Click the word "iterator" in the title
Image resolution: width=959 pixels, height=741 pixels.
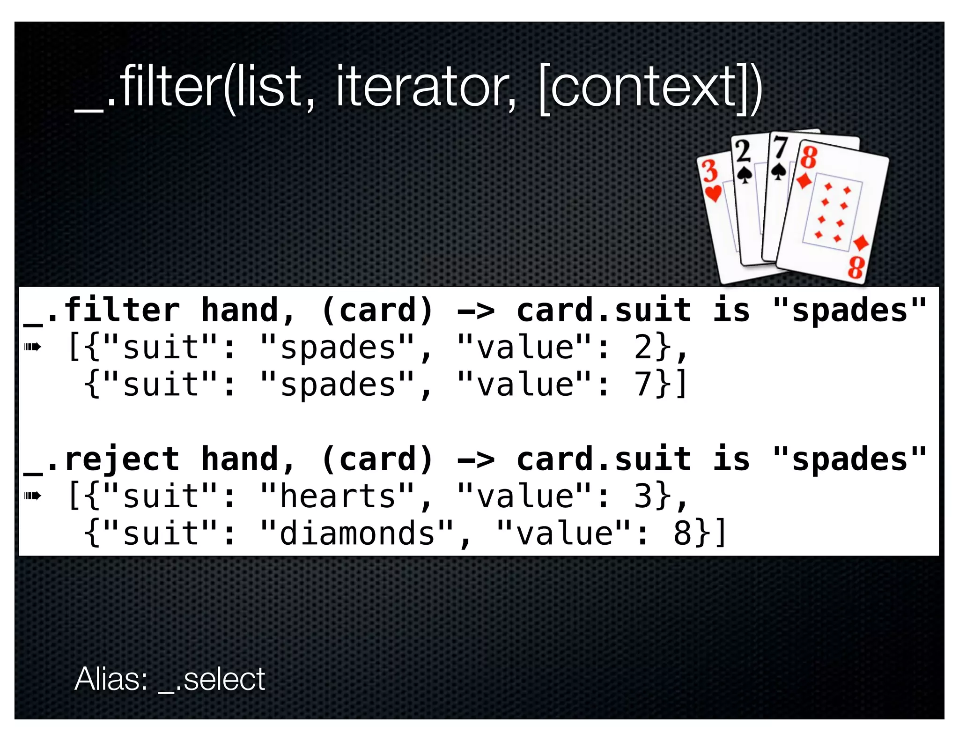coord(425,87)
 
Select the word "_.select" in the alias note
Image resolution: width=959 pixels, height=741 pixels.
coord(212,679)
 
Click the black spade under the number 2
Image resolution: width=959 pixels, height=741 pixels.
coord(744,175)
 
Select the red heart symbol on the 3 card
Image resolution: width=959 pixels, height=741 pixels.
coord(714,193)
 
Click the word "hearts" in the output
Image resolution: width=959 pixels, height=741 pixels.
coord(337,496)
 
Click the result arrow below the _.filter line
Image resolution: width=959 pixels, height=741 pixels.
coord(33,347)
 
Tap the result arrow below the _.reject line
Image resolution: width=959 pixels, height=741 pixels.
coord(33,496)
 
